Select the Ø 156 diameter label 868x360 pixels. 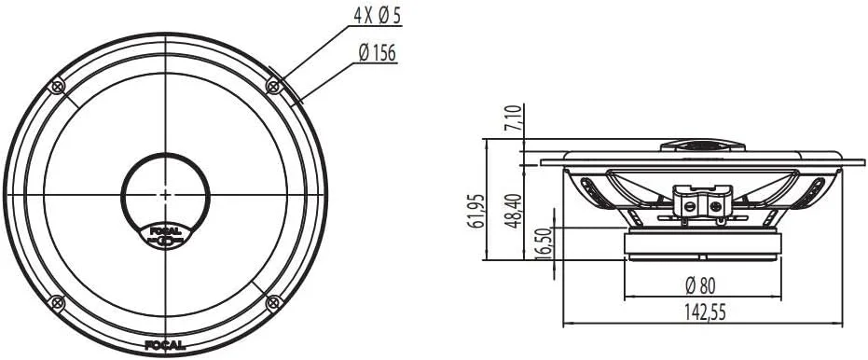coord(377,53)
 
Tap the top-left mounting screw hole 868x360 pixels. coord(57,87)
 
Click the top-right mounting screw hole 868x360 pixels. coord(272,87)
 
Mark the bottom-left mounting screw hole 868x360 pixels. coord(57,302)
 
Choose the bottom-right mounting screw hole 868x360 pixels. coord(272,302)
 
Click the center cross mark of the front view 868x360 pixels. coord(165,194)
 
